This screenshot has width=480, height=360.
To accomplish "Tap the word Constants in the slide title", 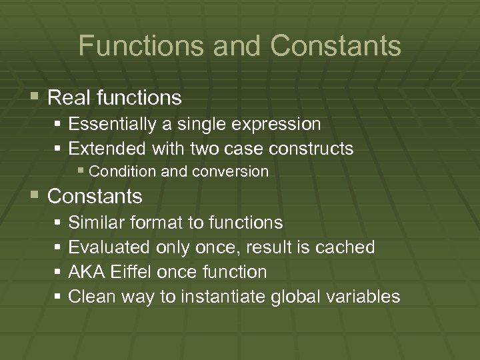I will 336,46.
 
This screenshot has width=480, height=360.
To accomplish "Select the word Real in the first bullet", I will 70,98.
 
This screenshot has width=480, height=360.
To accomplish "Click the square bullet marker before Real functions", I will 35,97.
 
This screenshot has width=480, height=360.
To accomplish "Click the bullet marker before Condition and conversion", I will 81,171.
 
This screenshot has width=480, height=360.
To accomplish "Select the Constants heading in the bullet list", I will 95,197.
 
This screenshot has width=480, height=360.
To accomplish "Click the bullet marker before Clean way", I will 59,296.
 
